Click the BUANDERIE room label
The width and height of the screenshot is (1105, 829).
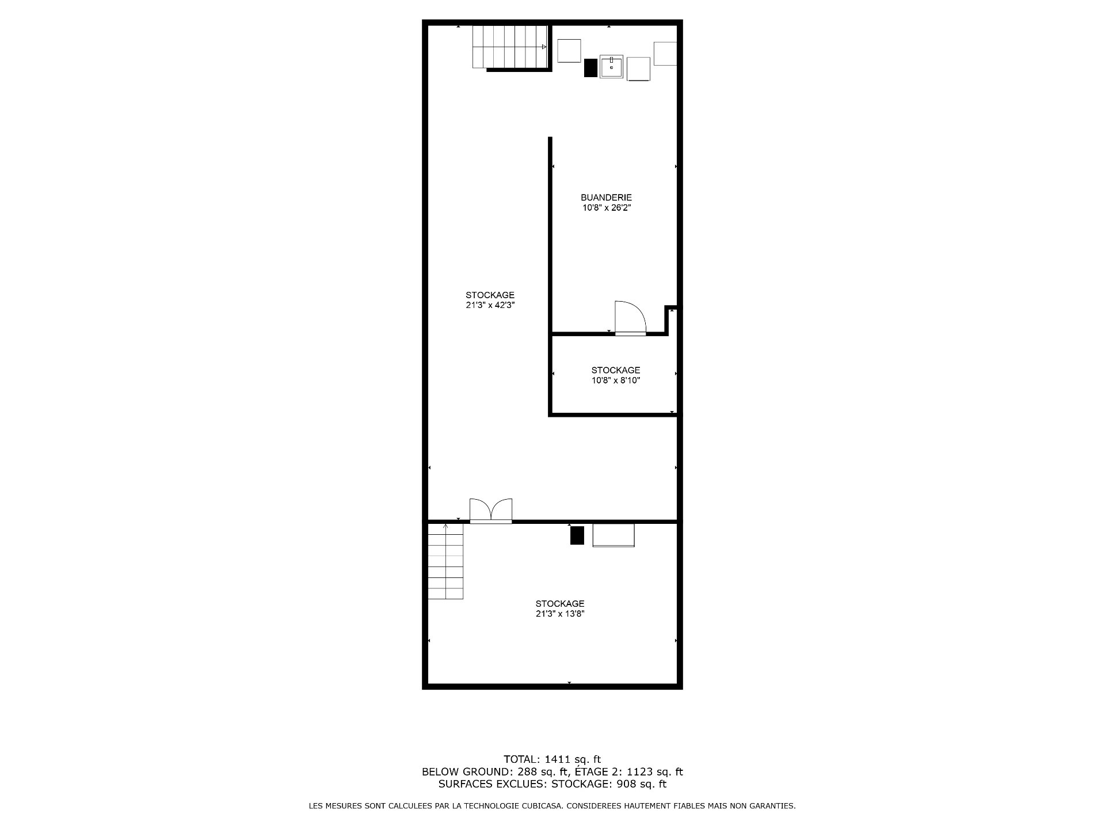tap(606, 197)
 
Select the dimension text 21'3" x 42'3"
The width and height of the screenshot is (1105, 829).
tap(490, 306)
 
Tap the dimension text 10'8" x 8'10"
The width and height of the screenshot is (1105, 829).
tap(616, 381)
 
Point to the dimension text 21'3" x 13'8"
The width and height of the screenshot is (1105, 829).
tap(560, 614)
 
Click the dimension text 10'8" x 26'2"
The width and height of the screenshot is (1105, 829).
tap(607, 208)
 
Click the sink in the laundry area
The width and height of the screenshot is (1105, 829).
tap(611, 67)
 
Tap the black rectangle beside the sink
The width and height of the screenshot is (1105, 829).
tap(590, 68)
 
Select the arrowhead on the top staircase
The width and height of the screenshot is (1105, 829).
tap(544, 47)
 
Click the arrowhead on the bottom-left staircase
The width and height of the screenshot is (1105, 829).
tap(446, 526)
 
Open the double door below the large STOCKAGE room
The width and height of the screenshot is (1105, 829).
tap(491, 511)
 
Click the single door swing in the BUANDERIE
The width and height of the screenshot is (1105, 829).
tap(631, 318)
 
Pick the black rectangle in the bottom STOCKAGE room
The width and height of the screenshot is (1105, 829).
tap(577, 535)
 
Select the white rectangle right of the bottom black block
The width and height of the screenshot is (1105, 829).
tap(614, 535)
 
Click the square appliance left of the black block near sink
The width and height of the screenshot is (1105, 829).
tap(570, 51)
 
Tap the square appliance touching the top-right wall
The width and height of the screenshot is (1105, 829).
tap(665, 54)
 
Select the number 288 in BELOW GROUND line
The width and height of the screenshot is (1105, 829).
tap(527, 772)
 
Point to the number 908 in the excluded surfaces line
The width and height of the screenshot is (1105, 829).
tap(625, 784)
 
